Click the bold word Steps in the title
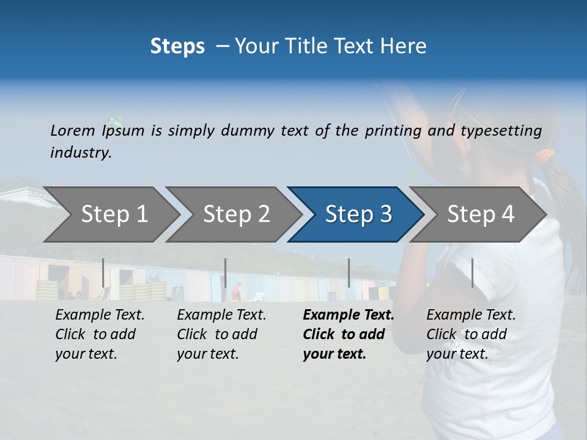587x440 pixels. [x=177, y=46]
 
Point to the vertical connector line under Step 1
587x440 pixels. [x=103, y=273]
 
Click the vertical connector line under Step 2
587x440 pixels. [x=226, y=273]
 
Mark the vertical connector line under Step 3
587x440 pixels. [x=349, y=273]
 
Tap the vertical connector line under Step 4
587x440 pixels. [x=472, y=273]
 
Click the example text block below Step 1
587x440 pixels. [x=100, y=334]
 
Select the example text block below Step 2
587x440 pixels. [x=221, y=334]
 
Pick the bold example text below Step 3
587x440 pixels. [x=348, y=334]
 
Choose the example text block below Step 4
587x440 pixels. [x=471, y=334]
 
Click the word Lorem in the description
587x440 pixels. [x=73, y=131]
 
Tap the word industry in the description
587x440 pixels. [x=81, y=153]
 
